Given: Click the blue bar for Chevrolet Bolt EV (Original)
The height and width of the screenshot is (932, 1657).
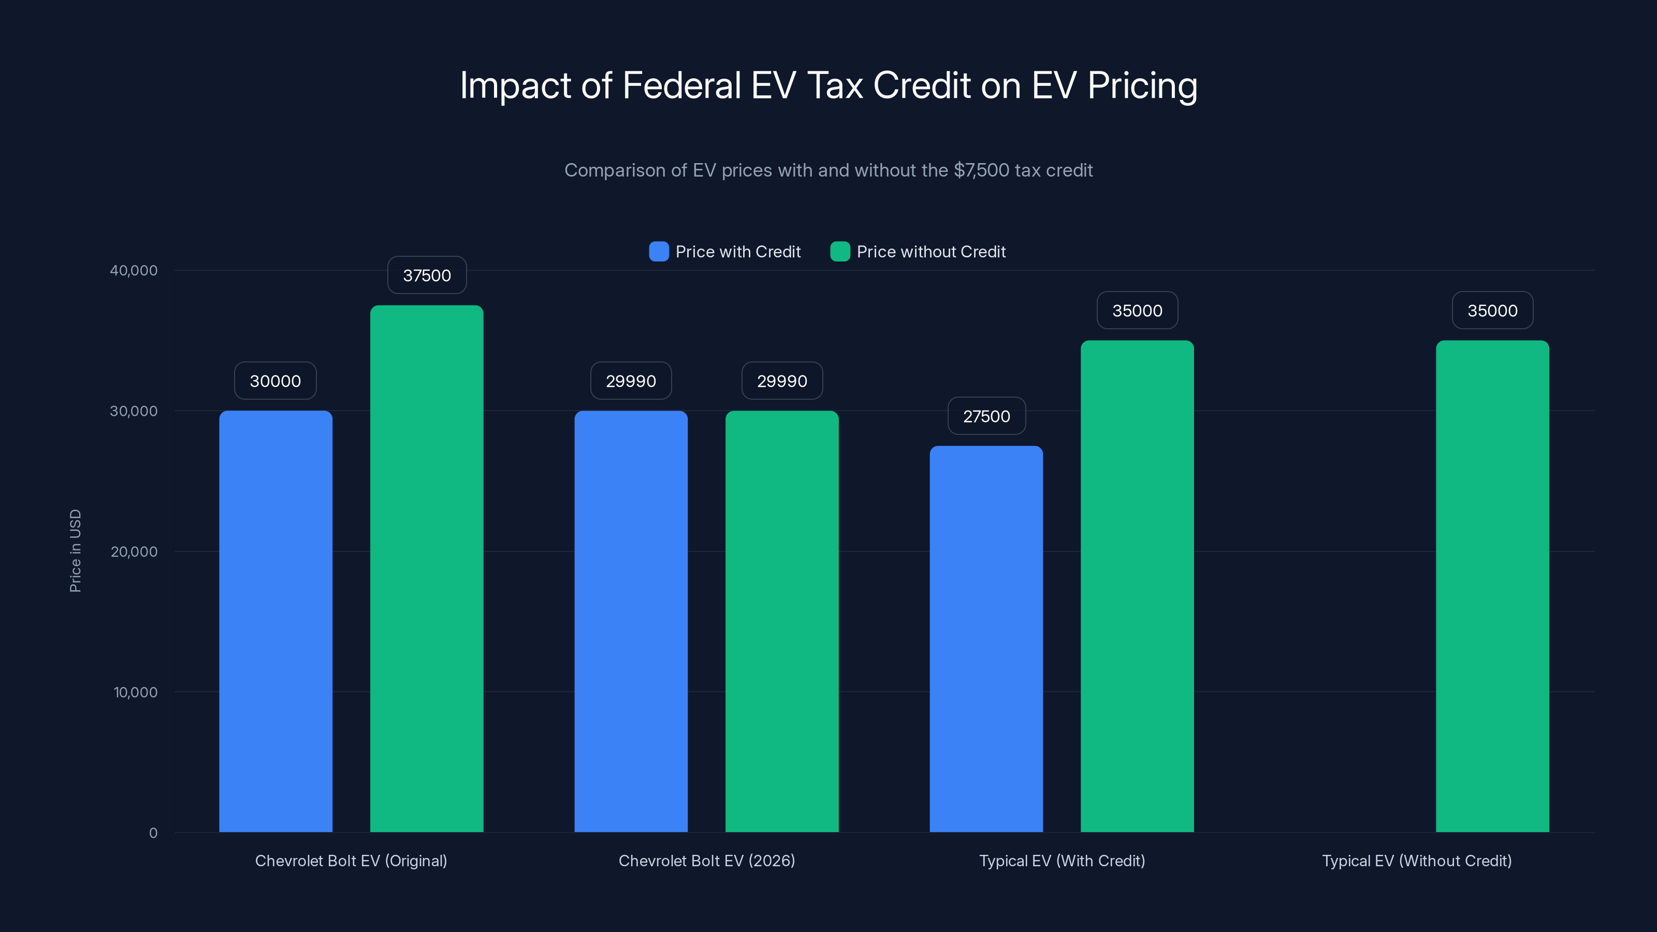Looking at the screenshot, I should click(x=275, y=621).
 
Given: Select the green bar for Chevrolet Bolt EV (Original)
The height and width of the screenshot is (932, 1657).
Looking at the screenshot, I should click(x=427, y=569).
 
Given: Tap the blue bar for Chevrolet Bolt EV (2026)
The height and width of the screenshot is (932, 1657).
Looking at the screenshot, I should click(x=630, y=621).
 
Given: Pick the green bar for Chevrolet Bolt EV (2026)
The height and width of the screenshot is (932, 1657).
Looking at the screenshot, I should click(x=781, y=621).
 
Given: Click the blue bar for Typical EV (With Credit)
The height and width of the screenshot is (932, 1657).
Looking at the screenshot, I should click(x=986, y=639).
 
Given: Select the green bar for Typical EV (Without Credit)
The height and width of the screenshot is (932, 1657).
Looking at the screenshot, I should click(x=1492, y=586).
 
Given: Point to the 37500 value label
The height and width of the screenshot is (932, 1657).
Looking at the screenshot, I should click(x=427, y=275).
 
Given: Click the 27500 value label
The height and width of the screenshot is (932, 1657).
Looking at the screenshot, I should click(x=986, y=416).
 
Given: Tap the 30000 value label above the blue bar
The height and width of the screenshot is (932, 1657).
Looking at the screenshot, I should click(x=275, y=381).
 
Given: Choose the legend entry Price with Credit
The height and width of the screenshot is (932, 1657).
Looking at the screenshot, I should click(x=737, y=252).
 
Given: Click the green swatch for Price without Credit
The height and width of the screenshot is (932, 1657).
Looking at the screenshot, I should click(x=840, y=252).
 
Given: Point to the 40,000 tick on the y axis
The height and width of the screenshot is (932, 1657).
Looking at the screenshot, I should click(x=133, y=270).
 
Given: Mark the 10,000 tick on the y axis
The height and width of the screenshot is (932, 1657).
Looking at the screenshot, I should click(x=135, y=692).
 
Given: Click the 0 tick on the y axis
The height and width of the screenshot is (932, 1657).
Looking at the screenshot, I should click(x=153, y=833).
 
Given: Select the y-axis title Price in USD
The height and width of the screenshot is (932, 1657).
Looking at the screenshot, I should click(x=75, y=550).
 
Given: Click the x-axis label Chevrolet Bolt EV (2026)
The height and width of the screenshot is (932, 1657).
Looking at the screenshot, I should click(x=706, y=861).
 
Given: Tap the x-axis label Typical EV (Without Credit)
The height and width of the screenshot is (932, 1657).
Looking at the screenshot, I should click(x=1416, y=861).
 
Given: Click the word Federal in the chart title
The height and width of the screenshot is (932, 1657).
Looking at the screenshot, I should click(x=681, y=85).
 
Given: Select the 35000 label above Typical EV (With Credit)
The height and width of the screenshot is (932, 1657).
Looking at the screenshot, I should click(x=1137, y=311).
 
